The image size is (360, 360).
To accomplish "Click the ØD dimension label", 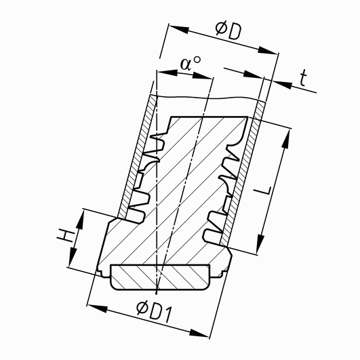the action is pyautogui.click(x=228, y=30).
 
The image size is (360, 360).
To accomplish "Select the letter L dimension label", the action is pyautogui.click(x=264, y=190).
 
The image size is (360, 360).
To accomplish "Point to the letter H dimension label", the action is pyautogui.click(x=66, y=236).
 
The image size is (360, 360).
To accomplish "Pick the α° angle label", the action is pyautogui.click(x=190, y=64).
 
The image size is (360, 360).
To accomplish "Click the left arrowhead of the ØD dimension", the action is pyautogui.click(x=179, y=29).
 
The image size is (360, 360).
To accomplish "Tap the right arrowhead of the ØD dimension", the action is pyautogui.click(x=268, y=50).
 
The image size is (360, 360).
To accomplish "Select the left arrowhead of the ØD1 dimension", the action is pyautogui.click(x=98, y=308).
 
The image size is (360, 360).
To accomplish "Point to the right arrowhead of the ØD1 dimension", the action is pyautogui.click(x=199, y=334).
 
